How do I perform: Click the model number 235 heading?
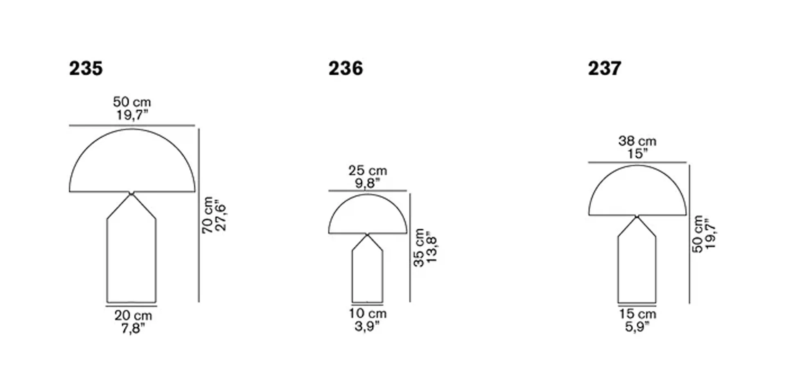(x=86, y=68)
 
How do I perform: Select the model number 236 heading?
(x=346, y=68)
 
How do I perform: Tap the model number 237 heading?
(x=605, y=68)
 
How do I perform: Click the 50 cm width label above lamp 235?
(x=132, y=102)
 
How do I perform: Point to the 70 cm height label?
(x=208, y=215)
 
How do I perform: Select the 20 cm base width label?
(x=133, y=315)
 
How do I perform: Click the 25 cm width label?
(x=368, y=171)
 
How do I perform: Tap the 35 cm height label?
(x=419, y=248)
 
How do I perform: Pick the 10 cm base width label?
(x=368, y=313)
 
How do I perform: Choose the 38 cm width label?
(x=637, y=141)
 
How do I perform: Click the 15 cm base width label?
(x=637, y=314)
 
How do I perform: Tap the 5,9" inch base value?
(x=637, y=326)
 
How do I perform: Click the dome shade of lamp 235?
(x=132, y=164)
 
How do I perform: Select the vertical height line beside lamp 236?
(x=410, y=248)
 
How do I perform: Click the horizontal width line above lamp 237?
(x=637, y=162)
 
